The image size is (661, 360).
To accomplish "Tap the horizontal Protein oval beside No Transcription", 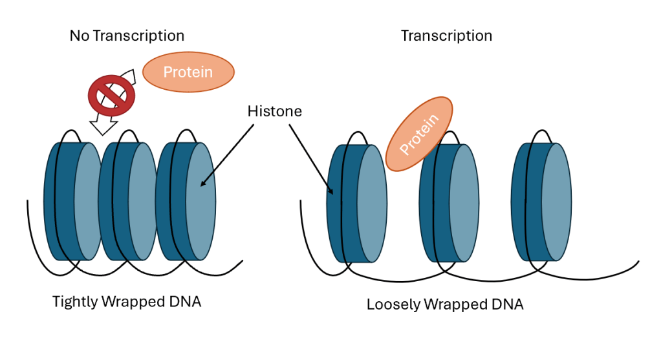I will pos(188,71).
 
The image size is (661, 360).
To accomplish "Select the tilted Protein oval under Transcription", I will pos(419,134).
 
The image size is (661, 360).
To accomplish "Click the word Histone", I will pos(274,111).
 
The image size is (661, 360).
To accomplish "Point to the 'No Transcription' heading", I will pos(127,36).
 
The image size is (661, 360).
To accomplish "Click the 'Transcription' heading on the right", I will pos(446,36).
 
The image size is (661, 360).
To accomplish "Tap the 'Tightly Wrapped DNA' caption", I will pos(127,301).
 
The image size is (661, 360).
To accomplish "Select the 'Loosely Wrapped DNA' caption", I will pos(445,304).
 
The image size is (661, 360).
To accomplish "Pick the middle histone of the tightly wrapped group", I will pos(127,200).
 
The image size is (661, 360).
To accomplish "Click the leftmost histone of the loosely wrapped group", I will pos(356,203).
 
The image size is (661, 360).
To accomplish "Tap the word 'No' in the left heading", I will pos(79,36).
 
